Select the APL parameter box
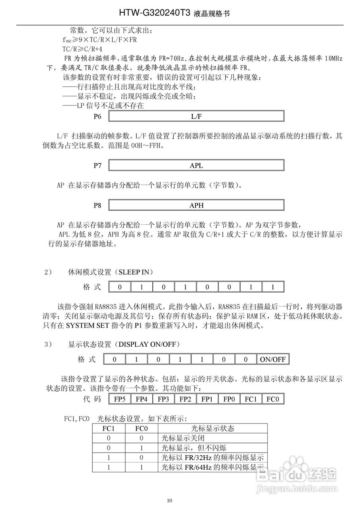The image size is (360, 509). pos(196,165)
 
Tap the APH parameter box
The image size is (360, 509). pos(196,206)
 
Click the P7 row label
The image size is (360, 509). pos(97,165)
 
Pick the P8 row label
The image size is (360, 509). pos(97,206)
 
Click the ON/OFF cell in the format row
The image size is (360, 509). pos(272,359)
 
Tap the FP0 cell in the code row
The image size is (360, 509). pos(228,399)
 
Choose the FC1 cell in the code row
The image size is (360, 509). pos(250,399)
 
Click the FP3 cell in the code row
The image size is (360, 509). pos(163,399)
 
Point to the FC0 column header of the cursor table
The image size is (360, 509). pos(142,429)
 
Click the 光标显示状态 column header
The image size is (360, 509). pos(212,429)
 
